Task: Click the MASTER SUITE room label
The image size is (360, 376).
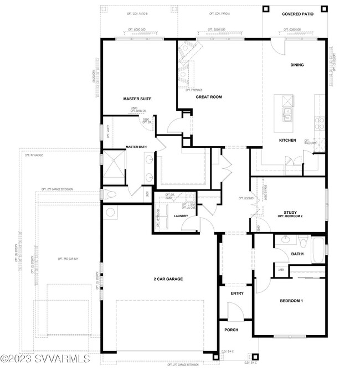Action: pyautogui.click(x=137, y=99)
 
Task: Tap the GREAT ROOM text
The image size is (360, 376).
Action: pyautogui.click(x=209, y=97)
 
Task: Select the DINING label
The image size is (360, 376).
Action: pyautogui.click(x=297, y=65)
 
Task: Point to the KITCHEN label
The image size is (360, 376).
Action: pyautogui.click(x=287, y=140)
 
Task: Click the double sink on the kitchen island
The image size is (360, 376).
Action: pyautogui.click(x=287, y=115)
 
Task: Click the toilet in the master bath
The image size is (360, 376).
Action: pyautogui.click(x=110, y=194)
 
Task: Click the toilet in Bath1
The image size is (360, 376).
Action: pyautogui.click(x=302, y=242)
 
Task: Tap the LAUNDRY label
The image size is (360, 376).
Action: pyautogui.click(x=181, y=215)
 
